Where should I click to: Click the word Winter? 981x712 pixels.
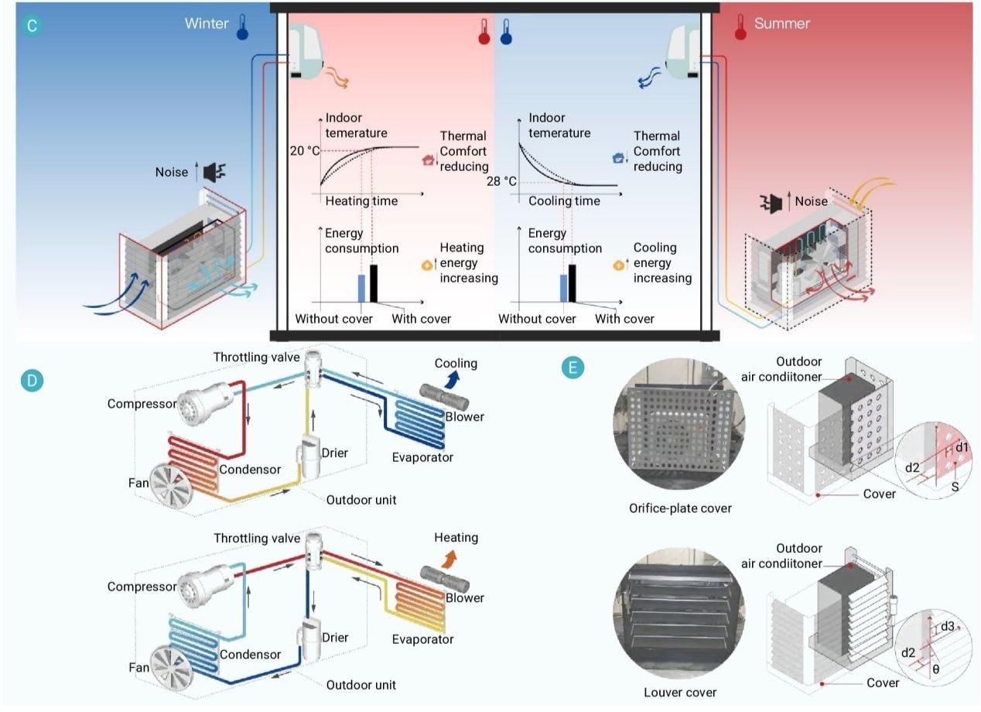207,23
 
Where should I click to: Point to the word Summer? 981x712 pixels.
781,23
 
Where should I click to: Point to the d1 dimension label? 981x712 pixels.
962,448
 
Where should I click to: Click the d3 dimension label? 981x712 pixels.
949,626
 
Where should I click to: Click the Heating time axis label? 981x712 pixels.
361,201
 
